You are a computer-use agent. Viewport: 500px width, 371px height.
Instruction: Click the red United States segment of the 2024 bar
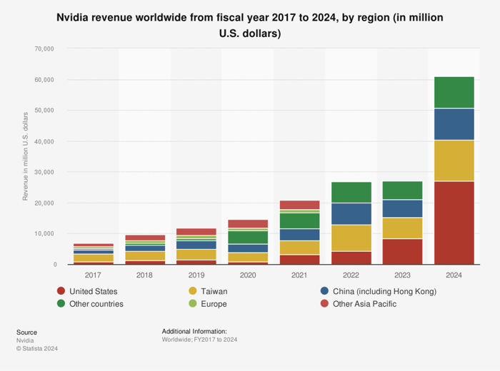click(454, 223)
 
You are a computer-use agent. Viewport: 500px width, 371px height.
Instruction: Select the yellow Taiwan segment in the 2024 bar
click(454, 161)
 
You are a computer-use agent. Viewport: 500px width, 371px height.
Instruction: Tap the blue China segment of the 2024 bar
click(454, 124)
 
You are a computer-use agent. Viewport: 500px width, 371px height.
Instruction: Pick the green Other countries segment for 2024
click(454, 92)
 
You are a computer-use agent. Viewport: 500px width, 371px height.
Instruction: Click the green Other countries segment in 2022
click(351, 192)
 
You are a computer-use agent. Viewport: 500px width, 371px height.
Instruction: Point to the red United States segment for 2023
click(402, 251)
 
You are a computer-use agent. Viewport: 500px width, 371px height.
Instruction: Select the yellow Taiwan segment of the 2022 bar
click(351, 238)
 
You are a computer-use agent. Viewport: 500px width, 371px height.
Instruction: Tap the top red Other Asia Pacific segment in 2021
click(299, 205)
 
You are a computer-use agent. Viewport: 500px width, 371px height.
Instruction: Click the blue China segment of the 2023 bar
click(402, 208)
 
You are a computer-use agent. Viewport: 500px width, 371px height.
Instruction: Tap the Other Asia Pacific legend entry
click(370, 304)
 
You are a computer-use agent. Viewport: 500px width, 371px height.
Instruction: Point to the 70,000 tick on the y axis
click(44, 49)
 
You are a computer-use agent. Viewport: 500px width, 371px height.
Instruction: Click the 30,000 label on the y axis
click(44, 172)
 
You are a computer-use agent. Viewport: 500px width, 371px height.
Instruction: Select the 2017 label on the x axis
click(93, 275)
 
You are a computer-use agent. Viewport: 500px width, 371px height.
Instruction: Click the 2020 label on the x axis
click(248, 275)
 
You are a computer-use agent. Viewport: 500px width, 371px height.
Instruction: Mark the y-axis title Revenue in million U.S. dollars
click(26, 156)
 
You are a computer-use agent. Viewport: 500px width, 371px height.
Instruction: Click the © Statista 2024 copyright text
click(37, 349)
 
